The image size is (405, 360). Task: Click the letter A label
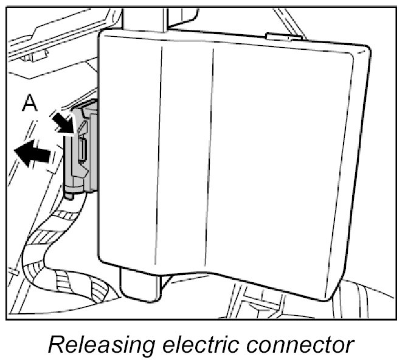(29, 104)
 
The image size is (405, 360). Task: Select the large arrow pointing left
(33, 154)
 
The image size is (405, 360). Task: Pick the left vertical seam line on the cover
(162, 152)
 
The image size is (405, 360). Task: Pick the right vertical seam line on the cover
(214, 152)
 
